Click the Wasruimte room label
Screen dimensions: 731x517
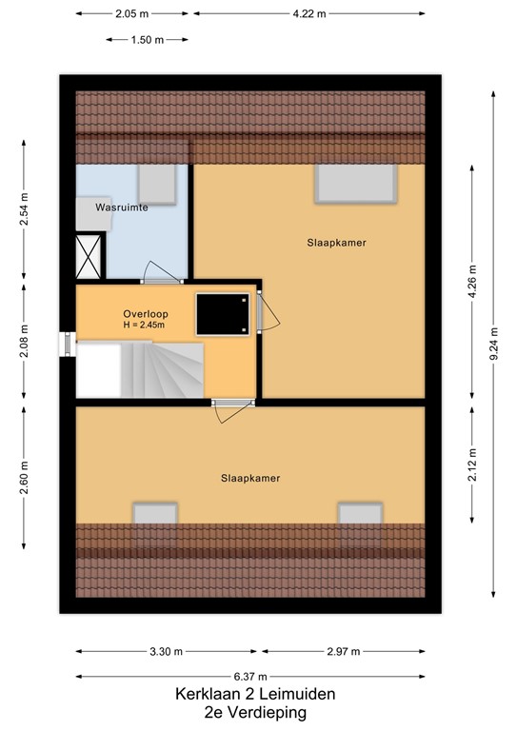point(121,207)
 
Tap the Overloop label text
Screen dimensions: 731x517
point(144,314)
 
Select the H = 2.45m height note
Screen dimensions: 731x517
point(144,326)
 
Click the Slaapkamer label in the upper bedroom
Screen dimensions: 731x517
point(336,243)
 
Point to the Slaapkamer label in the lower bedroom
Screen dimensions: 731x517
point(250,479)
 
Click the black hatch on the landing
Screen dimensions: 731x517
point(223,314)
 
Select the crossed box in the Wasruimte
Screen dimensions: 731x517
point(91,253)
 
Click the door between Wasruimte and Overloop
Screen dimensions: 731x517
point(162,276)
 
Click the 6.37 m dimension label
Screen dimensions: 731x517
point(257,675)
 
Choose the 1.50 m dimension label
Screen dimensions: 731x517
point(147,40)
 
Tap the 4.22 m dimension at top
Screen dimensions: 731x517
point(309,14)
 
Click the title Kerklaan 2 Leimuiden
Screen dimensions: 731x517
point(255,695)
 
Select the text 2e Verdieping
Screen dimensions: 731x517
point(255,712)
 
